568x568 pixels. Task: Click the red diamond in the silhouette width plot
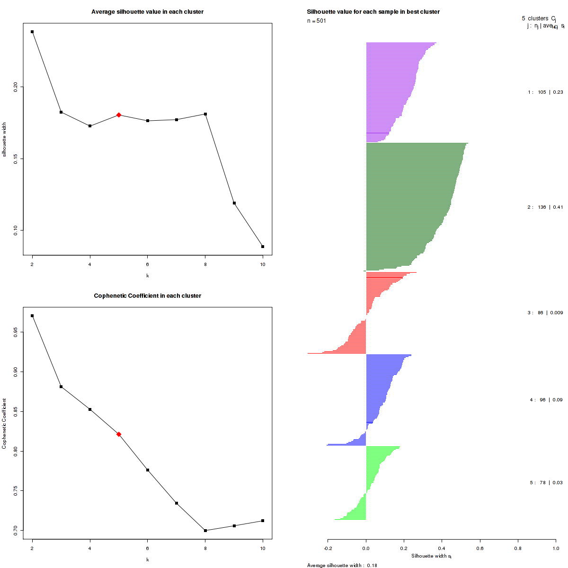click(x=119, y=115)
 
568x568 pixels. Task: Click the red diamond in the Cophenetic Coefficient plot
click(x=119, y=434)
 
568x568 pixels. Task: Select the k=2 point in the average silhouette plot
click(x=32, y=32)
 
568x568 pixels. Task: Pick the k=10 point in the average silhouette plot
click(x=263, y=247)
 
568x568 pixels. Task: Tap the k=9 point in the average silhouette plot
click(x=234, y=203)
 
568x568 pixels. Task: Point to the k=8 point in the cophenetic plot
click(x=205, y=531)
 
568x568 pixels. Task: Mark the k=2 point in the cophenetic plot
click(x=32, y=316)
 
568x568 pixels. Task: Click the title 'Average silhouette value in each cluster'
click(x=147, y=12)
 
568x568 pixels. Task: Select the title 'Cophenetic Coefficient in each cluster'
click(x=147, y=296)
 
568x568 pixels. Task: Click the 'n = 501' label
click(x=317, y=21)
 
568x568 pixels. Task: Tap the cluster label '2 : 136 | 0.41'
click(x=545, y=207)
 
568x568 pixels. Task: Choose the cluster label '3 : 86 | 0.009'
click(x=545, y=313)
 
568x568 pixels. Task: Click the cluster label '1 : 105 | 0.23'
click(x=545, y=92)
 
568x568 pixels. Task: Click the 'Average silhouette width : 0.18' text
click(x=342, y=565)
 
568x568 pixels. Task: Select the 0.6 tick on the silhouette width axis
click(x=480, y=548)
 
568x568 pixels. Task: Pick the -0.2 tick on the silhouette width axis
click(x=328, y=548)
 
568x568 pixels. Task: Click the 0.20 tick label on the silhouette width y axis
click(x=16, y=87)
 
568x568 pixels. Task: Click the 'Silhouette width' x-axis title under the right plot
click(x=431, y=556)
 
